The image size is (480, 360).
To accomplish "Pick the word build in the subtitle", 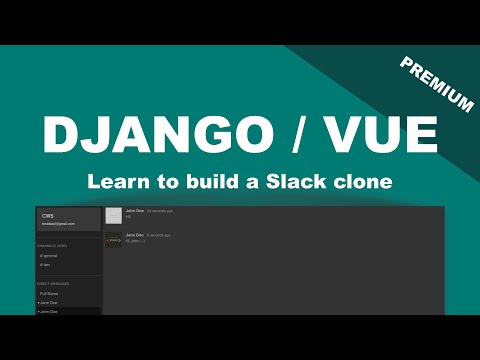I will pos(212,183).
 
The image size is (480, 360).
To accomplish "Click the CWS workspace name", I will pos(47,216).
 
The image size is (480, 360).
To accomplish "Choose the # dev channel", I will pos(45,265).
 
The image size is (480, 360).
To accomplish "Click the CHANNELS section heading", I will pos(52,245).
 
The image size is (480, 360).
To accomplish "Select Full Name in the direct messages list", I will pos(50,294).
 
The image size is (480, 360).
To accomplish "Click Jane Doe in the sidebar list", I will pos(48,303).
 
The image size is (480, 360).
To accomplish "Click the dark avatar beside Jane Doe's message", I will pos(114,240).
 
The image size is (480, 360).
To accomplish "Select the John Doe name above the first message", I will pos(135,212).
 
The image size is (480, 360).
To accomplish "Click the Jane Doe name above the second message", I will pos(135,235).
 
